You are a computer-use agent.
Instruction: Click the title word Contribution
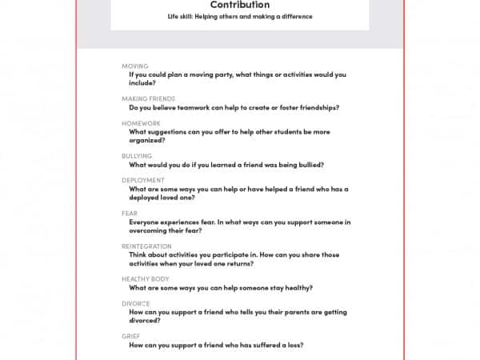pos(239,5)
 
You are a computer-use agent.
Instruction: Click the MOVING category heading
pos(134,66)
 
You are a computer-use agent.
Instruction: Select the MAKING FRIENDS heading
pos(148,98)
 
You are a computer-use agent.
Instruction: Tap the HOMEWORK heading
pos(141,123)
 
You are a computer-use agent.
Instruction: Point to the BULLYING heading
pos(136,156)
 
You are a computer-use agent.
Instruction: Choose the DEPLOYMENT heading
pos(143,180)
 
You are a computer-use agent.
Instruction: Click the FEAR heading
pos(129,213)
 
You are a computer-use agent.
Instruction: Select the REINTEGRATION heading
pos(146,246)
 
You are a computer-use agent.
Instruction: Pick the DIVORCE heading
pos(136,303)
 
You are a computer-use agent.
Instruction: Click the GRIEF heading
pos(131,336)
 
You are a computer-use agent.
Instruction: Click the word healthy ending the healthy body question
pos(294,287)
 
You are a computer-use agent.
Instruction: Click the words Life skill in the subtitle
pos(182,17)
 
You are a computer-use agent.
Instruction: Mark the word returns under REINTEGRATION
pos(238,263)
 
